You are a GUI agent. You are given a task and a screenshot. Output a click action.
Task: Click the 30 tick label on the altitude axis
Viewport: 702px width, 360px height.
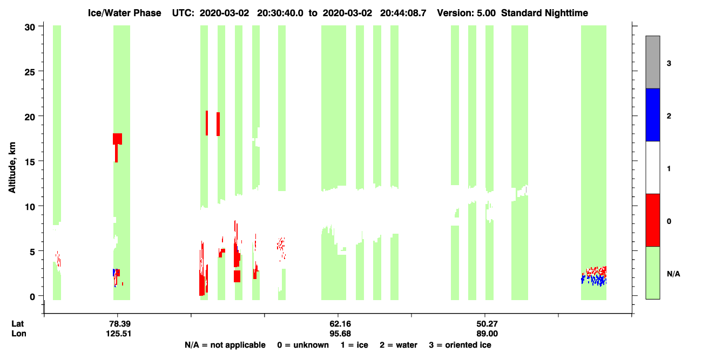(30, 28)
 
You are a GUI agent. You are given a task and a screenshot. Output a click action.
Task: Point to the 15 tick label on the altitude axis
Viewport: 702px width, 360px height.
(30, 161)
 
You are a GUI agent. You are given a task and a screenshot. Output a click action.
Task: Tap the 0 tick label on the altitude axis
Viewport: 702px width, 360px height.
(32, 297)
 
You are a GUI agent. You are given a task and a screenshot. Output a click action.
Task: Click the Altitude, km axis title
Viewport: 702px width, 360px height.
(12, 168)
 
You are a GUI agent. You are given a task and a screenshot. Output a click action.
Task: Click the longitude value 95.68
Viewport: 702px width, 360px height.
(340, 334)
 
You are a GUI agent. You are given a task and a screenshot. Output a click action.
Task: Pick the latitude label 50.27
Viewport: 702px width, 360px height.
(487, 324)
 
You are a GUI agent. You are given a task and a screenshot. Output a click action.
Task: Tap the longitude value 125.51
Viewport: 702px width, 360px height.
(118, 334)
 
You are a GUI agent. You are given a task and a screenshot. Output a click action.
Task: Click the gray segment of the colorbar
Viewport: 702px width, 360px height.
(653, 62)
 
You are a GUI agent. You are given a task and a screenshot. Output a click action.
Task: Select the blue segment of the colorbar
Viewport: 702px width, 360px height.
(653, 114)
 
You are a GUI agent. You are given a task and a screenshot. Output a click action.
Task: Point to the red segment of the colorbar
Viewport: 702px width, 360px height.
(653, 220)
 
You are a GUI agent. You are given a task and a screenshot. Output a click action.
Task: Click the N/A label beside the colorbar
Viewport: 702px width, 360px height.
(673, 274)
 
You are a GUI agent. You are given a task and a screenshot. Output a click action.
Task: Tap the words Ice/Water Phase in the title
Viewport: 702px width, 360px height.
(124, 13)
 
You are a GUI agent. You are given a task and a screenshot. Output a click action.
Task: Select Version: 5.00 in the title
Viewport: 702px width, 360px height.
(467, 13)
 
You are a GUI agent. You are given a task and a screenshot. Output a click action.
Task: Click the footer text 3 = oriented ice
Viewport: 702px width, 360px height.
(460, 345)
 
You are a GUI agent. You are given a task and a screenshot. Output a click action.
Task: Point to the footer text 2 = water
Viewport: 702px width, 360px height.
(399, 345)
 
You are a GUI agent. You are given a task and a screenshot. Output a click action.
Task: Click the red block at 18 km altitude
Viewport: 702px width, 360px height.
(118, 139)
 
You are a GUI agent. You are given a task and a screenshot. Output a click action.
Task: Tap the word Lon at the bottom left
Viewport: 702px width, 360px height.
(19, 334)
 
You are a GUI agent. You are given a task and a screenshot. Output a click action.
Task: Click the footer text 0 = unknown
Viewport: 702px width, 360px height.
(303, 345)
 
